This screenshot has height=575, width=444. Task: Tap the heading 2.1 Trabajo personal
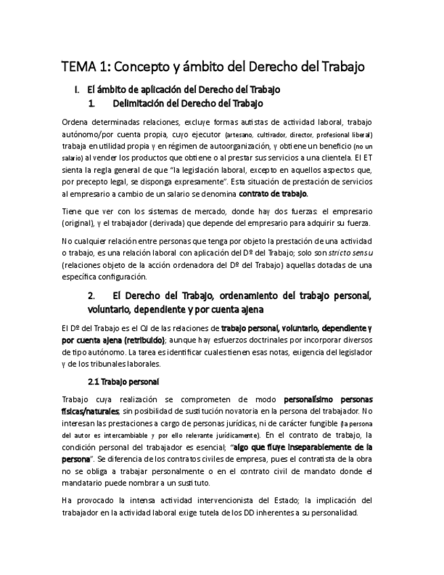click(x=123, y=381)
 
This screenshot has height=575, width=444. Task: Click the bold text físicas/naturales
click(x=90, y=411)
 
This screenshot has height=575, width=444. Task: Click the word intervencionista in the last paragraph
click(x=200, y=500)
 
